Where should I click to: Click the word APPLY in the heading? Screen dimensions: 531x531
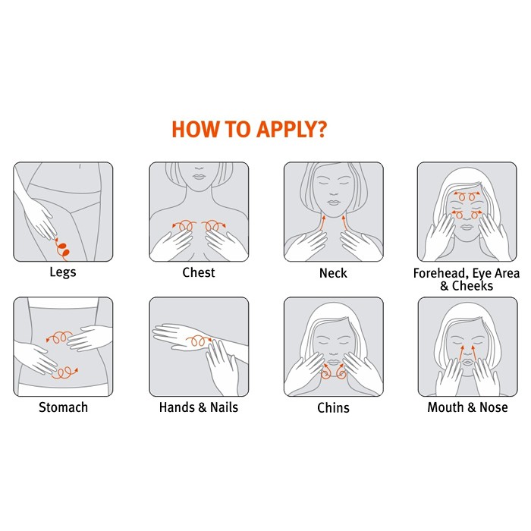tap(287, 130)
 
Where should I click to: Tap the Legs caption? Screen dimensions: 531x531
tap(63, 272)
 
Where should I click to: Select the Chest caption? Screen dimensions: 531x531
tap(199, 272)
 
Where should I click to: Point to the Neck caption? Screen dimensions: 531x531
tap(333, 273)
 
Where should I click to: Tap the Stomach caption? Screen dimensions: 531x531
tap(63, 407)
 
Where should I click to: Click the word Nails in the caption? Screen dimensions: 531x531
tap(225, 407)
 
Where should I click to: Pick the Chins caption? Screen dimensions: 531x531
tap(333, 408)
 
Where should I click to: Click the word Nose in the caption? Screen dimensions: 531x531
tap(494, 407)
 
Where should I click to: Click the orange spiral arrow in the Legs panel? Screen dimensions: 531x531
tap(61, 249)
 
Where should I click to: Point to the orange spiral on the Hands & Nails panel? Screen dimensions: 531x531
tap(199, 341)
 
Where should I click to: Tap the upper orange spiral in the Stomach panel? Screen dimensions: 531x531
tap(59, 337)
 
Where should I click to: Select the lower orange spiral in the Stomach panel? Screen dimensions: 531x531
tap(64, 372)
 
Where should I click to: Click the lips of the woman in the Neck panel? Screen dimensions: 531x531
tap(334, 203)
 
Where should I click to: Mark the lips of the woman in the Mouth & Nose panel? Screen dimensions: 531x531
tap(468, 363)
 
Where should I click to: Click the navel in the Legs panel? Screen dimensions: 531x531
tap(80, 166)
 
